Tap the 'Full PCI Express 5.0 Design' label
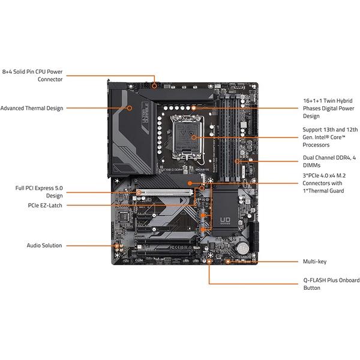pyautogui.click(x=39, y=191)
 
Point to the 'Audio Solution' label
pyautogui.click(x=44, y=245)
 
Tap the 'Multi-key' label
pyautogui.click(x=315, y=262)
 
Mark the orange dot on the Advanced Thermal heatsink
pyautogui.click(x=130, y=109)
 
